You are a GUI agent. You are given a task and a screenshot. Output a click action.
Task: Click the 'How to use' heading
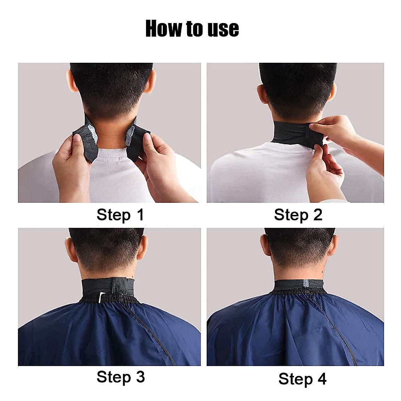pos(192,29)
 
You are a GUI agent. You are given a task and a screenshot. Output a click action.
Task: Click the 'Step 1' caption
pos(120,215)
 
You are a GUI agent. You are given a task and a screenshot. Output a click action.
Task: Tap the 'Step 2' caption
pos(298,215)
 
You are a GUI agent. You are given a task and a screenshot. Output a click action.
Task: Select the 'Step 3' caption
pos(121,377)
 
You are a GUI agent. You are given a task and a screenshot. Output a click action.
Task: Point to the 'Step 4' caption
pos(302,379)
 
